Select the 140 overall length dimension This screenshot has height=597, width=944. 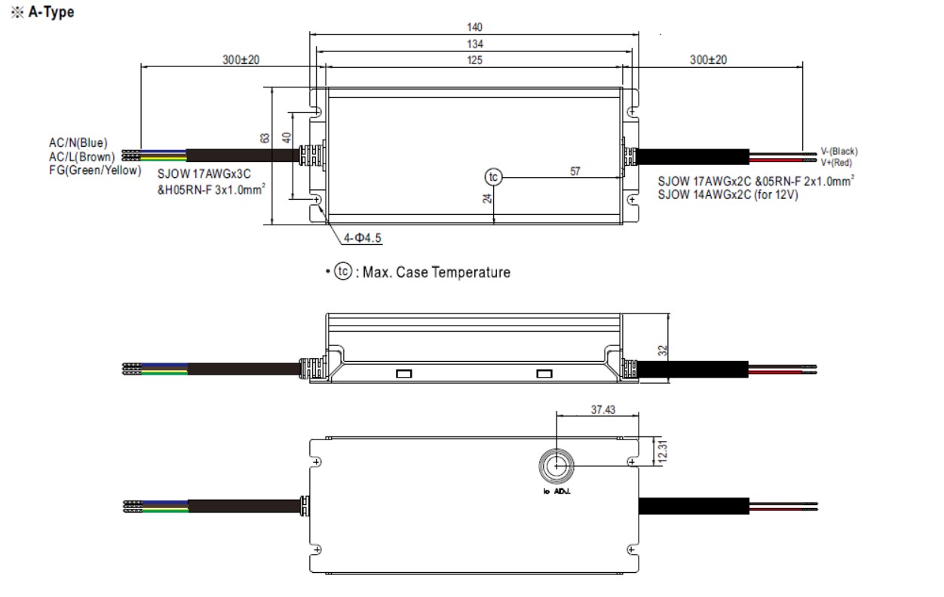pos(474,26)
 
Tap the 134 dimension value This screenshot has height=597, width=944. pos(474,44)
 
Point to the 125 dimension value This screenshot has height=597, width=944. pos(474,60)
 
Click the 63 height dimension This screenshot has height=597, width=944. pos(265,139)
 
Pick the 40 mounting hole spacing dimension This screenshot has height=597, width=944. pos(287,139)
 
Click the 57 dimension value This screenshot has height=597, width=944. pos(575,171)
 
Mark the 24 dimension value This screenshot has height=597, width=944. pos(488,198)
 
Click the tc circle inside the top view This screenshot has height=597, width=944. pos(493,177)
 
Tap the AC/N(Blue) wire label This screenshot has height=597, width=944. pos(78,142)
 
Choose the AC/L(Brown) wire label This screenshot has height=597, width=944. pos(81,156)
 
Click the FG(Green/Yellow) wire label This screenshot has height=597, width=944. pos(95,170)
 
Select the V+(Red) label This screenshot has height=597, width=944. pos(837,162)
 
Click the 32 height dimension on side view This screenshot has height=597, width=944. pos(663,350)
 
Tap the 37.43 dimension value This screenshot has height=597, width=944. pos(604,409)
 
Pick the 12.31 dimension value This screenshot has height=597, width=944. pos(663,452)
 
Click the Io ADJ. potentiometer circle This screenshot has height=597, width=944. pos(556,467)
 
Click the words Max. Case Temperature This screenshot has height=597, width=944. pos(437,272)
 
